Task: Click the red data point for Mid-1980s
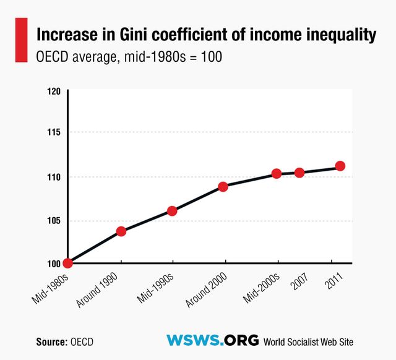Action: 68,263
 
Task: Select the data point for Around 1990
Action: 121,231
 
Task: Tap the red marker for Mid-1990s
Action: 172,211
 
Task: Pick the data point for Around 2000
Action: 223,186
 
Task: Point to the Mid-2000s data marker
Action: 277,173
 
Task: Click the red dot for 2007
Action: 299,173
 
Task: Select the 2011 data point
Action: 340,166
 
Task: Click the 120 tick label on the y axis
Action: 54,91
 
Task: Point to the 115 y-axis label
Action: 54,132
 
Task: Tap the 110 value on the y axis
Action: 54,177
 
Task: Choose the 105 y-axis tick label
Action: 54,221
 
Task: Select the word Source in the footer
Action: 51,341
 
